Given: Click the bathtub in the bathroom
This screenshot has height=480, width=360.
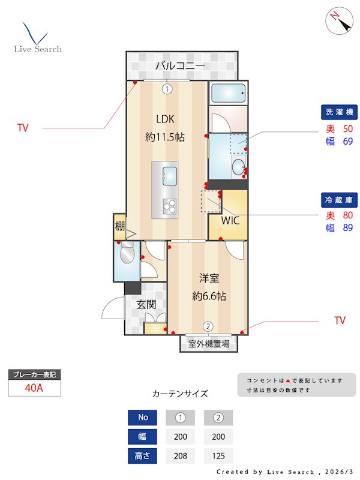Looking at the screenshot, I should [228, 94].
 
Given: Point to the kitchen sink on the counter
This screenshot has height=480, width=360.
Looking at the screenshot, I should [169, 175].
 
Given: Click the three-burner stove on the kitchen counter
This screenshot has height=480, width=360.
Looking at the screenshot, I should [169, 206].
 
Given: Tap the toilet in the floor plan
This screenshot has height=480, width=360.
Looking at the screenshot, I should [127, 255].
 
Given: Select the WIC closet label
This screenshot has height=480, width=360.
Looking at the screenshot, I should [230, 220].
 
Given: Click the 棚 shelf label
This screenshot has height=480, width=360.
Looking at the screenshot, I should [119, 227].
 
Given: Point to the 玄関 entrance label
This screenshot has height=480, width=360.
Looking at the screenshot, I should [146, 304].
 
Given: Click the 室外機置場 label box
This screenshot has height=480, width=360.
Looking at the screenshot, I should [209, 344].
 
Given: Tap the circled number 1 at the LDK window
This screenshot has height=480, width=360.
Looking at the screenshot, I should [167, 89].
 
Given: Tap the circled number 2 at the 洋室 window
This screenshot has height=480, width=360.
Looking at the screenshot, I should [208, 326].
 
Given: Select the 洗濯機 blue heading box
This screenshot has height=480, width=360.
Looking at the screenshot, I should [339, 112].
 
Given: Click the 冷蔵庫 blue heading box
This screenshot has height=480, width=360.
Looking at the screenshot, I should [339, 199].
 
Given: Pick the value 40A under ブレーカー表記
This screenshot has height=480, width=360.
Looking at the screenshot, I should [34, 388].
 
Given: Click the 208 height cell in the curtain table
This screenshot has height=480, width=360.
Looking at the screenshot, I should [180, 455].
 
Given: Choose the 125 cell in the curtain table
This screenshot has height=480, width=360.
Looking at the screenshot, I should [218, 455].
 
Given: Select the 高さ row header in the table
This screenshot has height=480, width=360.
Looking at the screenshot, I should [142, 455].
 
